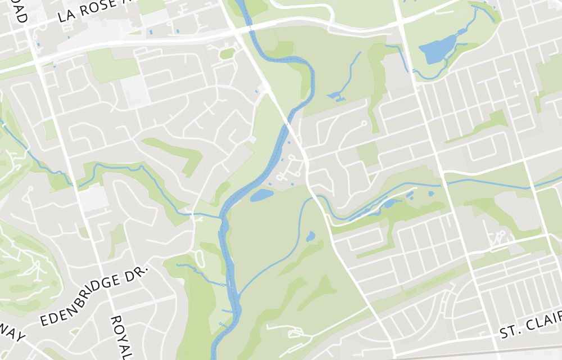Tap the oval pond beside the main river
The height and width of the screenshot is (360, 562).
[261, 195]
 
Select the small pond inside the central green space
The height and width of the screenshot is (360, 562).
[310, 236]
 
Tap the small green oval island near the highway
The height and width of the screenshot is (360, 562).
[227, 54]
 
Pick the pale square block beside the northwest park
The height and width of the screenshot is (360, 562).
[135, 90]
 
